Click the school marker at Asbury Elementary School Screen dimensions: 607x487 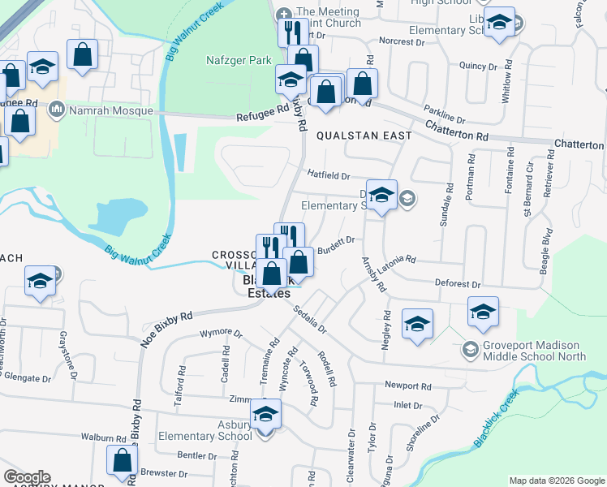coord(265,415)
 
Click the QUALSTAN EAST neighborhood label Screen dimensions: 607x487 coord(363,136)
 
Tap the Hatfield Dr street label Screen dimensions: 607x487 coord(328,175)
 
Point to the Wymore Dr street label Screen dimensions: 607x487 coord(221,333)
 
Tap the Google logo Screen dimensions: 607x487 coord(27,477)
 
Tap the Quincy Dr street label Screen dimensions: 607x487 coord(476,66)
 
